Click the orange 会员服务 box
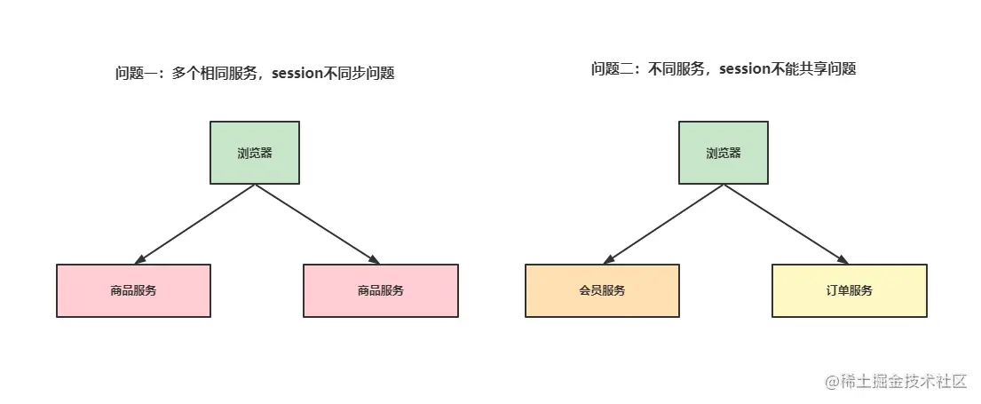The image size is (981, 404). coord(602,290)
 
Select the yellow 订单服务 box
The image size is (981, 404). coord(850,290)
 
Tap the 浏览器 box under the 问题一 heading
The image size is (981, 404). coord(255,153)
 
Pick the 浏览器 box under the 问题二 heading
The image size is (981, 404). coord(724,153)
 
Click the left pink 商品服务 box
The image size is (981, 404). coord(133,290)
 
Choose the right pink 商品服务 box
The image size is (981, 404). coord(381,290)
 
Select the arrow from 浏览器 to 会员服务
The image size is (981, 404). coord(664,224)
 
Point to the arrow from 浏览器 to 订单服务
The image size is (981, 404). coord(785,224)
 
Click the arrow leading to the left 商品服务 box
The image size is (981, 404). coord(195,224)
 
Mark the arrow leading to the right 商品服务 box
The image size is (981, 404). coord(316,224)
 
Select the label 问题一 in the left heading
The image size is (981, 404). coord(134,74)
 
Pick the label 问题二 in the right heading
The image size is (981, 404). coord(610,69)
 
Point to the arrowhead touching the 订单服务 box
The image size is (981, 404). coord(843,260)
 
